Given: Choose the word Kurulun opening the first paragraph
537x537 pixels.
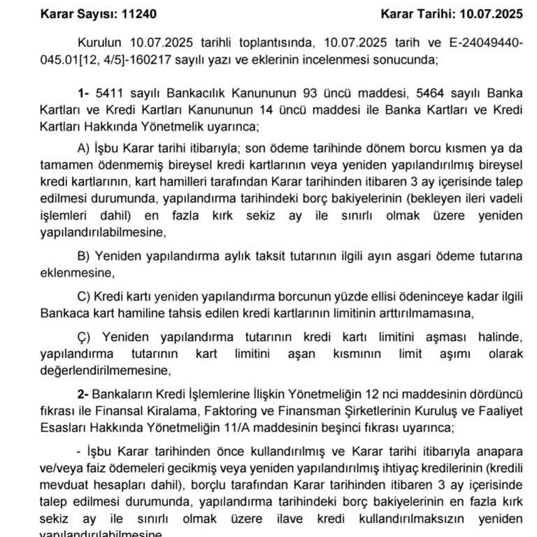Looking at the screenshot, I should click(100, 43).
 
